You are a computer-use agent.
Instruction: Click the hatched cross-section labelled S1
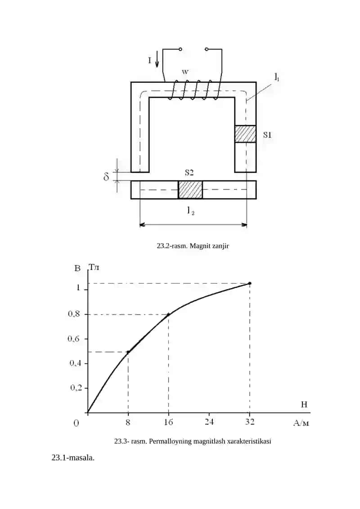tap(245, 134)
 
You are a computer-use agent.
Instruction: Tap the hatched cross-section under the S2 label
tap(190, 189)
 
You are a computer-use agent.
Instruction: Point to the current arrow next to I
tap(157, 59)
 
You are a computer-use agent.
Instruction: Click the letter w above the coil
tap(184, 72)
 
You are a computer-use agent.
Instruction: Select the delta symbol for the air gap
tap(106, 176)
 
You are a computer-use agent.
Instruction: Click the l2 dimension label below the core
tap(190, 211)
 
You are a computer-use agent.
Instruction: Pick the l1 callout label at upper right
tap(277, 77)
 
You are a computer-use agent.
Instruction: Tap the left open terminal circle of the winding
tap(180, 50)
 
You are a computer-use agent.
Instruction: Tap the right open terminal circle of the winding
tap(207, 50)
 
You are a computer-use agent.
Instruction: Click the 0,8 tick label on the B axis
tap(74, 314)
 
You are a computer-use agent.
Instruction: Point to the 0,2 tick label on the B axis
tap(76, 387)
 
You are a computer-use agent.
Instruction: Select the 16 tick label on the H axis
tap(168, 422)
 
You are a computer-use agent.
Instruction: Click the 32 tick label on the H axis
tap(249, 422)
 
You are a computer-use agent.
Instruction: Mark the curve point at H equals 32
tap(250, 284)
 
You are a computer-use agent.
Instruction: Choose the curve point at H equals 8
tap(128, 352)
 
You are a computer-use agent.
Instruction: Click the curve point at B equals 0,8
tap(168, 314)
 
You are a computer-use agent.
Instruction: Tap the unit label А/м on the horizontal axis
tap(301, 423)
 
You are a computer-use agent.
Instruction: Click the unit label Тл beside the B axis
tap(94, 267)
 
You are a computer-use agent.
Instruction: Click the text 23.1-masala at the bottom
tap(73, 458)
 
